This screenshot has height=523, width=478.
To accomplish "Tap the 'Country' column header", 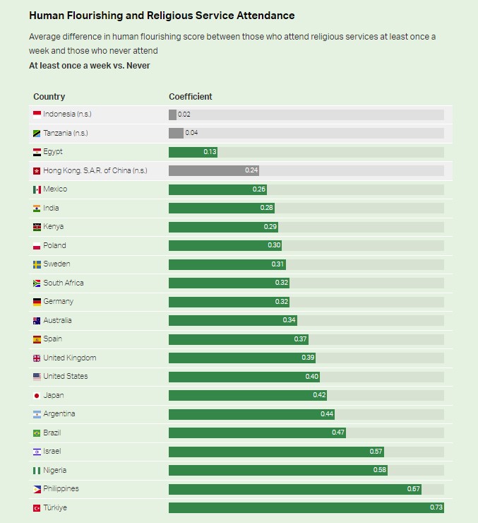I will [49, 97].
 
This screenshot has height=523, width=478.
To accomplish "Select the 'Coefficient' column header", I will [190, 97].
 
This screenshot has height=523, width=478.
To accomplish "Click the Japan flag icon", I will [37, 395].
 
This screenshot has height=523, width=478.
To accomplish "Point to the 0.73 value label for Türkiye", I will [436, 507].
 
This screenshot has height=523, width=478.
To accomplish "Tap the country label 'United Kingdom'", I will [69, 358].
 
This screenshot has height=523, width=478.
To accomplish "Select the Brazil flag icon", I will [37, 433].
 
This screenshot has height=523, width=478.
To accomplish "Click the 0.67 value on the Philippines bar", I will [413, 489].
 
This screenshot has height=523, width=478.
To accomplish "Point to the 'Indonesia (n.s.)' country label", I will [67, 114].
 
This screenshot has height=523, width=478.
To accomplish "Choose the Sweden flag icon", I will [37, 264].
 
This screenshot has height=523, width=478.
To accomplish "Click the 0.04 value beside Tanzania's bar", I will [191, 133].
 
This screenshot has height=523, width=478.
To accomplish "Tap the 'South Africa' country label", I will [63, 283].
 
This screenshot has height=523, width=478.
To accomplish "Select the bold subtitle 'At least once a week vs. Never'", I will [89, 66].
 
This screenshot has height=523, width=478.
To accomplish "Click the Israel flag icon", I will [37, 452].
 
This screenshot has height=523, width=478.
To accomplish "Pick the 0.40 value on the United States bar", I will [312, 377].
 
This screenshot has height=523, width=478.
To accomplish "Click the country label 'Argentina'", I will [59, 413].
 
